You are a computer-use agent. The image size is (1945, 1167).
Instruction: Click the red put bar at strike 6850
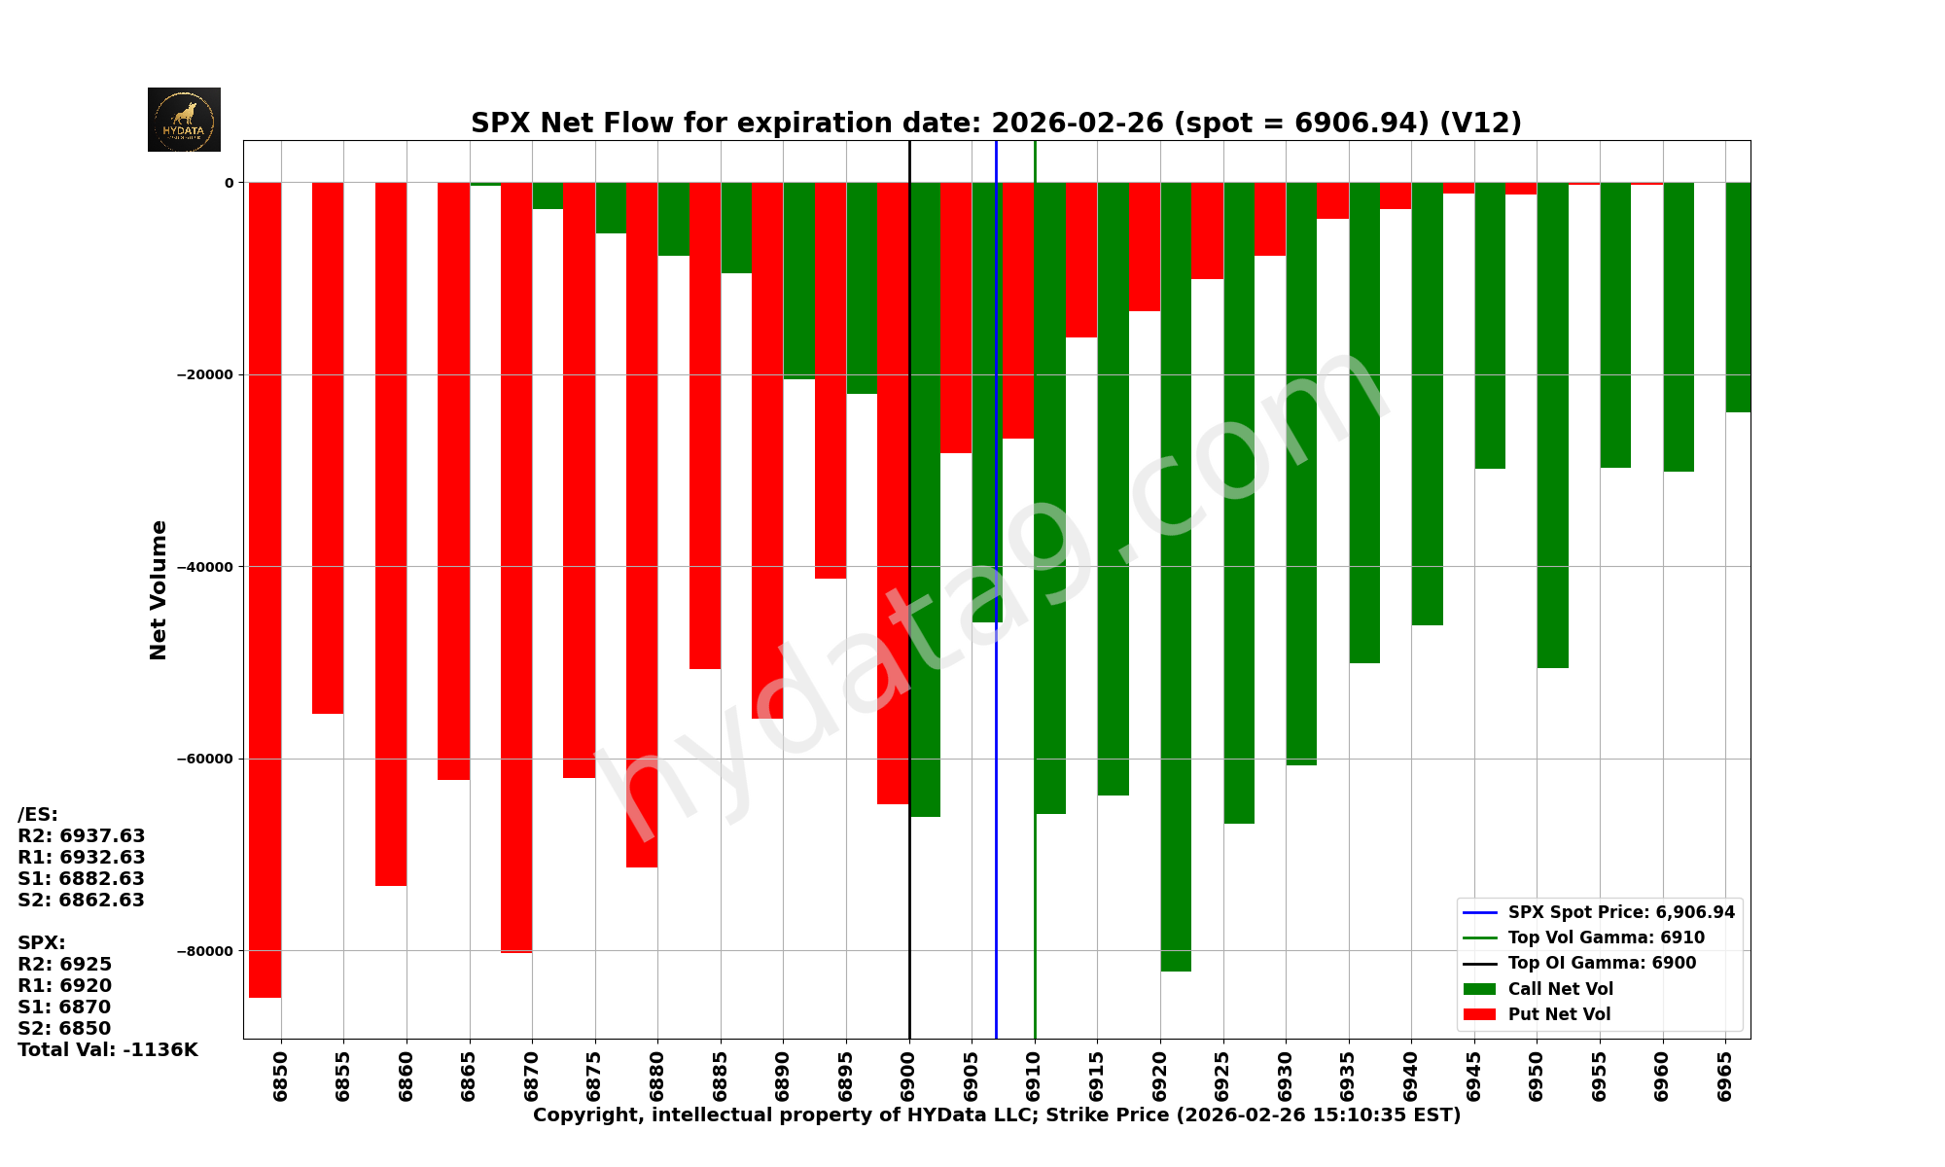point(265,583)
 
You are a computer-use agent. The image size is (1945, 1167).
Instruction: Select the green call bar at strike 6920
point(1176,574)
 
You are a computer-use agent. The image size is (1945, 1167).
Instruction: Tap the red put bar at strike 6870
point(516,564)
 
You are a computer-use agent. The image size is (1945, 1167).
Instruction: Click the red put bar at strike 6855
point(328,447)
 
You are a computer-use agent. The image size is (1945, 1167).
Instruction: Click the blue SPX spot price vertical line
point(996,778)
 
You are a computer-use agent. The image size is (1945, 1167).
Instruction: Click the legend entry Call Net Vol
point(1560,989)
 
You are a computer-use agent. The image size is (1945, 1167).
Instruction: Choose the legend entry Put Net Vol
point(1559,1014)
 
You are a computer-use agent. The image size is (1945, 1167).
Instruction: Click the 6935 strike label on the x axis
point(1348,1076)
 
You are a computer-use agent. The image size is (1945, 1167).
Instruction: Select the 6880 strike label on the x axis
point(657,1076)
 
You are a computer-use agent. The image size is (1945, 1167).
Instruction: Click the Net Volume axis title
point(159,589)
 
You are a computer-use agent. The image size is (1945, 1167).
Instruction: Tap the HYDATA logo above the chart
point(184,120)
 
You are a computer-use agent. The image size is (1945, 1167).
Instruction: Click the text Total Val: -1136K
point(107,1050)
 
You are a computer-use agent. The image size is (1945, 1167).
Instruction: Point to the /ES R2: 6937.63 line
point(81,836)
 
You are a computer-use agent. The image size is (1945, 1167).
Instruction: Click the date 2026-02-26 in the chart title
point(1077,124)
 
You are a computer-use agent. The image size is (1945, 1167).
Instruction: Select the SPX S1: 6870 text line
point(64,1008)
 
